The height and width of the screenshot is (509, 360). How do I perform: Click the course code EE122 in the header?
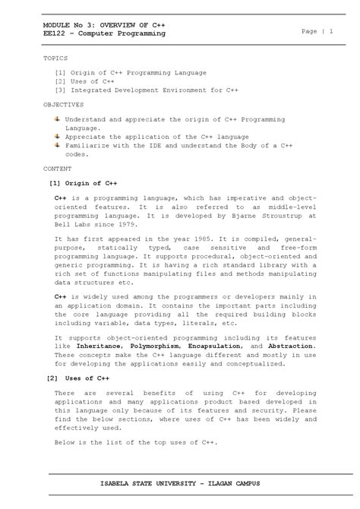pyautogui.click(x=54, y=33)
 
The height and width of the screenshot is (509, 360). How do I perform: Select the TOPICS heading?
pyautogui.click(x=55, y=58)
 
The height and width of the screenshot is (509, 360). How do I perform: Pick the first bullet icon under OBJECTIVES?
pyautogui.click(x=58, y=119)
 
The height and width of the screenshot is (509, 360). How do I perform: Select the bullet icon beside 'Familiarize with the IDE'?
pyautogui.click(x=58, y=144)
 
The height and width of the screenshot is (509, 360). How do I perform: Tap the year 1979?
pyautogui.click(x=127, y=225)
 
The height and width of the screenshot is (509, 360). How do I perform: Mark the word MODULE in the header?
pyautogui.click(x=57, y=25)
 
